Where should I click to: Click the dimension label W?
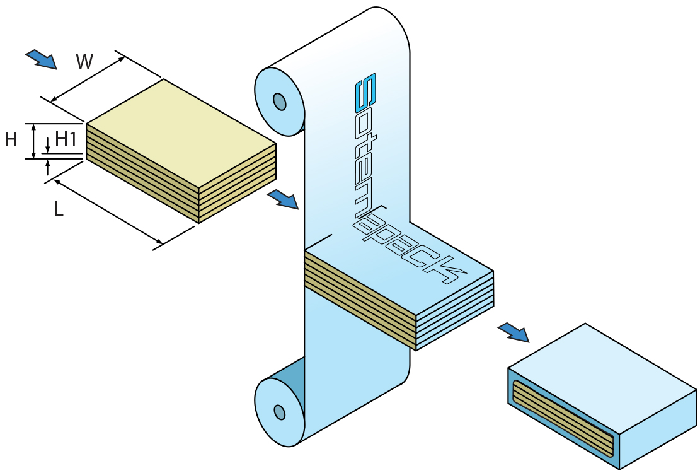pyautogui.click(x=84, y=62)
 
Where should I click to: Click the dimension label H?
pyautogui.click(x=11, y=140)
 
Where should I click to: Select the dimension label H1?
pyautogui.click(x=66, y=139)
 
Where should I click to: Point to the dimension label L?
pyautogui.click(x=59, y=209)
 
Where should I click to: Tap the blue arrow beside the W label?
pyautogui.click(x=42, y=59)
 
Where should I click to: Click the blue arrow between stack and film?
pyautogui.click(x=282, y=199)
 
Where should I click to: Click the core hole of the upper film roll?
pyautogui.click(x=279, y=102)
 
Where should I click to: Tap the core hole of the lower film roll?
pyautogui.click(x=279, y=412)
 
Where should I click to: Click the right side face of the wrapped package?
pyautogui.click(x=658, y=429)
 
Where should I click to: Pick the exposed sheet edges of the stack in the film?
pyautogui.click(x=360, y=296)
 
